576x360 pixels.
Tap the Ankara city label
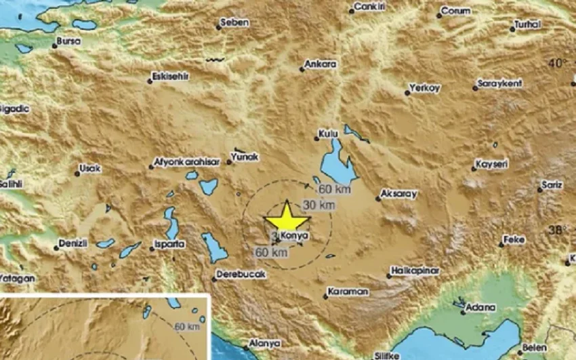point(321,64)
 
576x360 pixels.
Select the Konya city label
point(296,235)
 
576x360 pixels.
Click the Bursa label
point(69,41)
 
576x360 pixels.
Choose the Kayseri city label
point(492,164)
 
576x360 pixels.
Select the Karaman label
point(348,292)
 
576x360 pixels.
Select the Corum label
point(455,11)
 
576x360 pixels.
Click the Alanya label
point(260,343)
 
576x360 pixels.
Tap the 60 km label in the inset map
point(188,326)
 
